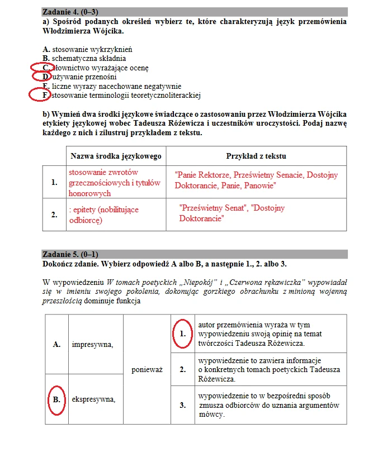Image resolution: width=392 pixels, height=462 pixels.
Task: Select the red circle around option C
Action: (x=41, y=68)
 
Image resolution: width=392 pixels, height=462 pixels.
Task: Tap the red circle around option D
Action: (x=42, y=77)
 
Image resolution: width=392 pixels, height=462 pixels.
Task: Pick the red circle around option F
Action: (x=40, y=96)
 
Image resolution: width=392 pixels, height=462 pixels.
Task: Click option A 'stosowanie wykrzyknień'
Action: (x=91, y=49)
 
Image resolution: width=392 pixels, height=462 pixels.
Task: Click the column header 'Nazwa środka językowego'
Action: (x=116, y=156)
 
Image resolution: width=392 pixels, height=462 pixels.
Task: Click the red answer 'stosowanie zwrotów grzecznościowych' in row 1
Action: (x=114, y=183)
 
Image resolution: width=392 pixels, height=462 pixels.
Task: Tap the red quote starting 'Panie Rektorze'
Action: (x=256, y=180)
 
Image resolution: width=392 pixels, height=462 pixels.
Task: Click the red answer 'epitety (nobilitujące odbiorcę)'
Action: (x=103, y=215)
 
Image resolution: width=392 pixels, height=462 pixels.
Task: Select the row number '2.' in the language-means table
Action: (x=54, y=215)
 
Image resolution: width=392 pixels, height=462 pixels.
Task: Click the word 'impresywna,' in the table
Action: (x=92, y=345)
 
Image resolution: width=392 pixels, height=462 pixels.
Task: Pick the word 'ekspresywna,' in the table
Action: (x=93, y=399)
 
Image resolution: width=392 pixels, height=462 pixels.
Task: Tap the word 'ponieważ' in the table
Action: (x=147, y=369)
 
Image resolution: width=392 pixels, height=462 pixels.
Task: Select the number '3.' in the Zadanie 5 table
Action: (x=182, y=405)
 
